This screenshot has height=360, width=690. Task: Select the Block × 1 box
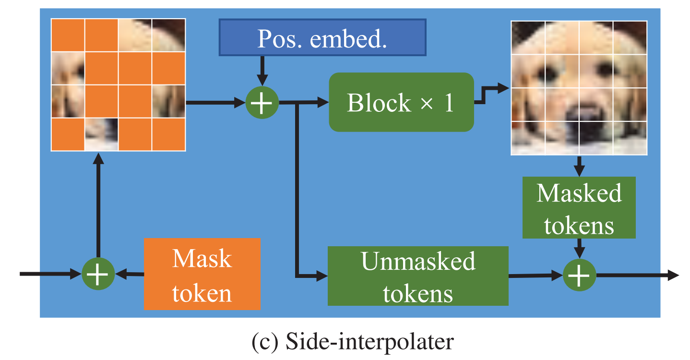pos(401,102)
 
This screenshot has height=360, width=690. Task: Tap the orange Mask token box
pos(202,274)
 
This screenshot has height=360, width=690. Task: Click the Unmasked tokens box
pos(418,276)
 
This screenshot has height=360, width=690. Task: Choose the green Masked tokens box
pos(579,207)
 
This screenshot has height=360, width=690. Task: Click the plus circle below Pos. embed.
pos(262,103)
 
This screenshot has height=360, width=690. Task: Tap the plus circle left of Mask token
pos(98,274)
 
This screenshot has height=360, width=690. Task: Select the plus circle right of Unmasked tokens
pos(579,275)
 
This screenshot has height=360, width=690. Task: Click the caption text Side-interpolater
pos(369,342)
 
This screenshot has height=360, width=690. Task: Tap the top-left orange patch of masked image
pos(68,35)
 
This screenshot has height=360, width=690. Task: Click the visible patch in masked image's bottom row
pos(101,134)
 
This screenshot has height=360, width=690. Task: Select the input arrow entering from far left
pos(48,274)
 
